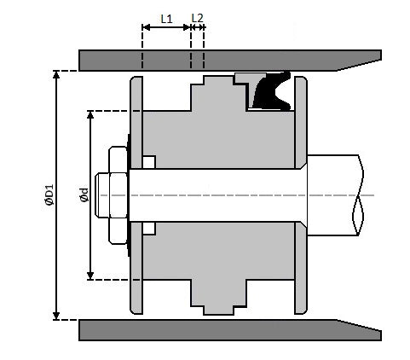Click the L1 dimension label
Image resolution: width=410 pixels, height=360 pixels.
point(166,19)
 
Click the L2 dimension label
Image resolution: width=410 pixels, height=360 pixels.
point(197,18)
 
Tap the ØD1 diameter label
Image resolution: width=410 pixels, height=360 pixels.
point(49,195)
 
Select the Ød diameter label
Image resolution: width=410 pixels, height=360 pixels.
point(84,195)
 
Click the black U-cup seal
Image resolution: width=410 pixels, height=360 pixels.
point(271,91)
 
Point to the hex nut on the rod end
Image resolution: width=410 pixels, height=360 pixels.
point(118,195)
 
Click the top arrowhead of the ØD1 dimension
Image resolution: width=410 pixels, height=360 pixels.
point(56,74)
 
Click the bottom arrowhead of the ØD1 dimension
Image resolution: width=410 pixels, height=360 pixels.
point(56,316)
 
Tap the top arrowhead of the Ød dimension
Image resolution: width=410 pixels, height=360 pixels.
point(90,114)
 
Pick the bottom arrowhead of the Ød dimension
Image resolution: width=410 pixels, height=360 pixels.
point(90,276)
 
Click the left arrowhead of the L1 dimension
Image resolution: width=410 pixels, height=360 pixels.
point(146,27)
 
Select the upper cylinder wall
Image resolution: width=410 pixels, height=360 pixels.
point(230,61)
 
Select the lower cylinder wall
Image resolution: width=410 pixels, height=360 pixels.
point(230,330)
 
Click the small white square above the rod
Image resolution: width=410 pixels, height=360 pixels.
point(149,162)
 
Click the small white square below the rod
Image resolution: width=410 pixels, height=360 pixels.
point(149,229)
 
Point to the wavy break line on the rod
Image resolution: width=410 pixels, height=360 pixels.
point(358,195)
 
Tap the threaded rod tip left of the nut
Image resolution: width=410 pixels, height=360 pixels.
point(101,195)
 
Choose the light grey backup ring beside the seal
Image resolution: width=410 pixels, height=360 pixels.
point(250,83)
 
